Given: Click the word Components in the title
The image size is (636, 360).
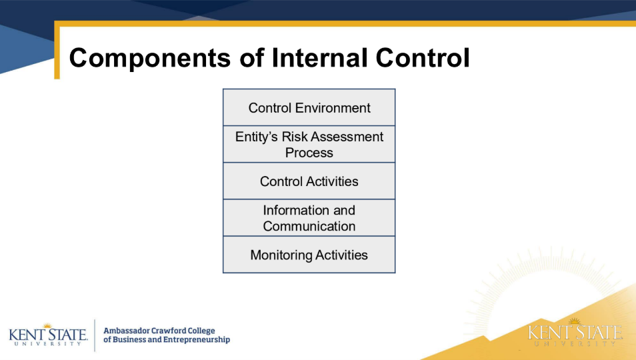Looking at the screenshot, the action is coord(150,58).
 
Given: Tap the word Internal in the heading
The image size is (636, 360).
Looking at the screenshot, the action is coord(319,57).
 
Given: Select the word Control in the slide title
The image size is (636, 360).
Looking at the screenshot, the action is coord(423,57).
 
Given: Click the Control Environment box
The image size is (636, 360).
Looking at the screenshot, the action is coord(309,107).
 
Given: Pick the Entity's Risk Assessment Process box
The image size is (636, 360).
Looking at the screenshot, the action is coord(309,144).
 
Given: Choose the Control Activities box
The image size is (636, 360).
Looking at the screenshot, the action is coord(309,181).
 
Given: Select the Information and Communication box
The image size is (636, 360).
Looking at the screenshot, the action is coord(309,218).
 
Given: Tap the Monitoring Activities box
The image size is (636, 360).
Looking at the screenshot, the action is coord(309,255).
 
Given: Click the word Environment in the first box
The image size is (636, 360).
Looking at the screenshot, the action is coord(333,108).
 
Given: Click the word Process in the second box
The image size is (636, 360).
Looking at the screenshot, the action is coord(309,153).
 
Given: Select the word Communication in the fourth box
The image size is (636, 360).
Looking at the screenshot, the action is coord(309,226).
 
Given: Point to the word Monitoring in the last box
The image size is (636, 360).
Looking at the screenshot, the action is coord(281,255).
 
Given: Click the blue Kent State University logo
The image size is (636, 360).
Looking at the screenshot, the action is coord(48,335).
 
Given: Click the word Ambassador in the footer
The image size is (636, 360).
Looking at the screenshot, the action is coord(127,331).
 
